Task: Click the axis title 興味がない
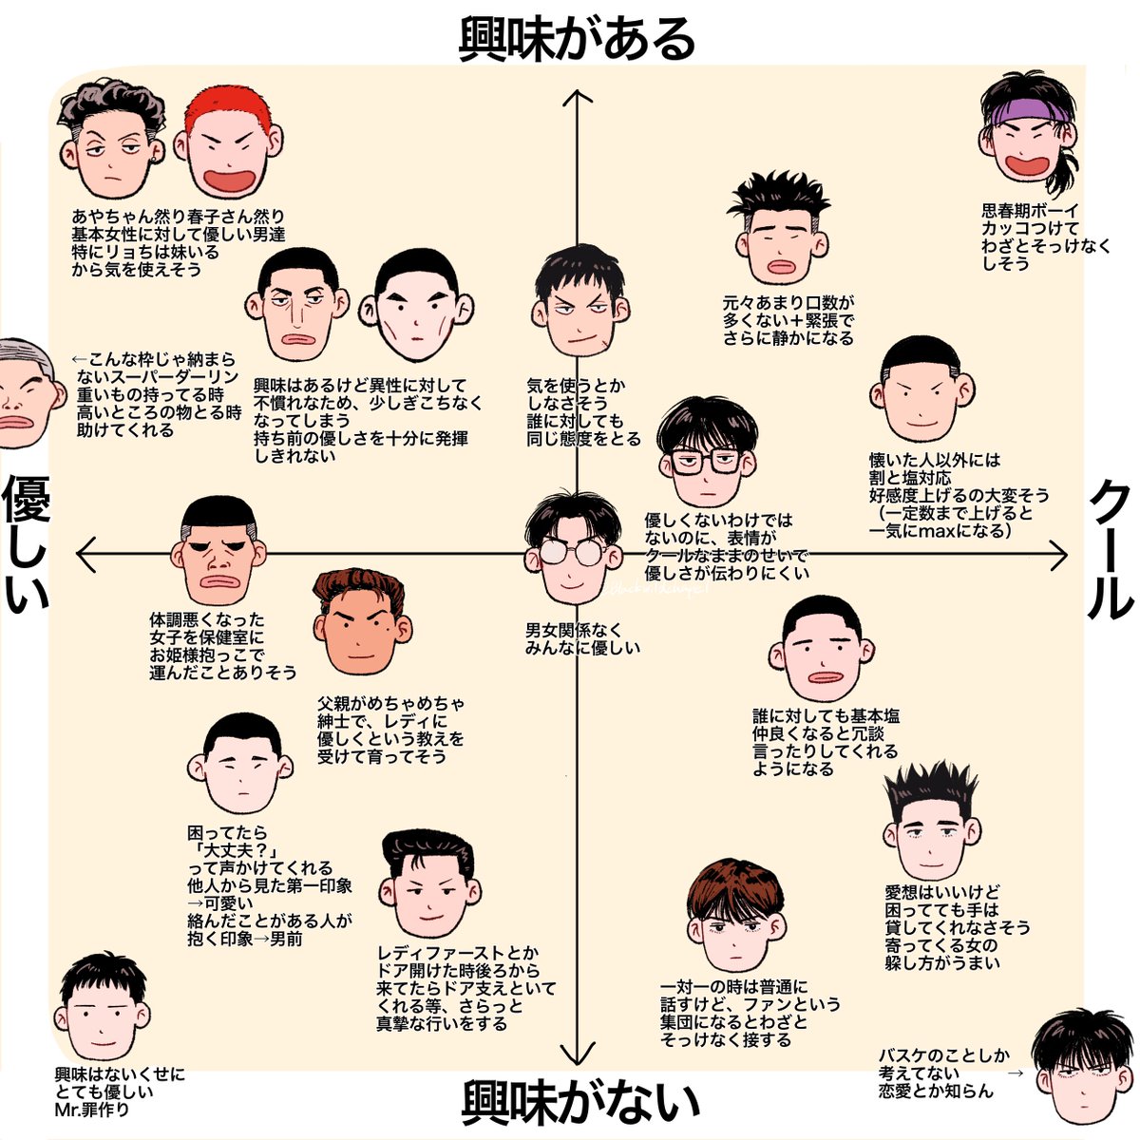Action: (580, 1102)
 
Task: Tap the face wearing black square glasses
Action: (707, 455)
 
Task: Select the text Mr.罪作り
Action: (92, 1109)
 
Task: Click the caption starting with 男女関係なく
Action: (582, 638)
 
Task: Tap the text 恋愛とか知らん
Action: (936, 1091)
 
